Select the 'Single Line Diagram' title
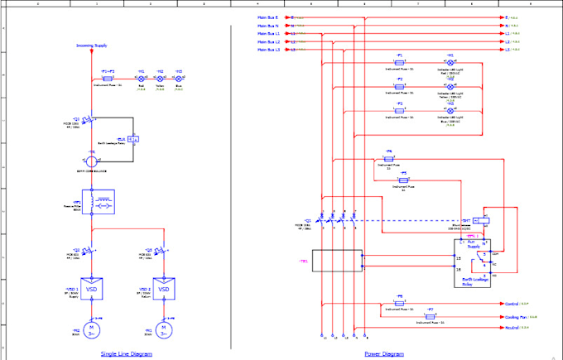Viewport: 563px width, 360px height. coord(126,353)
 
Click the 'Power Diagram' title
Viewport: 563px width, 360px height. coord(383,353)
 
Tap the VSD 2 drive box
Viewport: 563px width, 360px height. coord(165,290)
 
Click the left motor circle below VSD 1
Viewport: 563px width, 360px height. coord(94,329)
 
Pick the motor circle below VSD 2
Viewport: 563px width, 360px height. coord(165,329)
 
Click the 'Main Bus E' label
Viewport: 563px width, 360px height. coord(267,17)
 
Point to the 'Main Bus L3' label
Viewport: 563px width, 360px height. coord(267,50)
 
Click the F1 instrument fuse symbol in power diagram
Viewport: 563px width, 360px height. coord(400,62)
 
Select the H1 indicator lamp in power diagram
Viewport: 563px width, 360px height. coord(450,62)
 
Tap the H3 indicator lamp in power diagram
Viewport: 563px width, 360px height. coord(450,111)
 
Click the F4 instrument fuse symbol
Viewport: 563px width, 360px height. coord(389,158)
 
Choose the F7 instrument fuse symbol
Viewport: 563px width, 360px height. coord(430,316)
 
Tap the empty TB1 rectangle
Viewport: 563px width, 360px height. coord(330,262)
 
